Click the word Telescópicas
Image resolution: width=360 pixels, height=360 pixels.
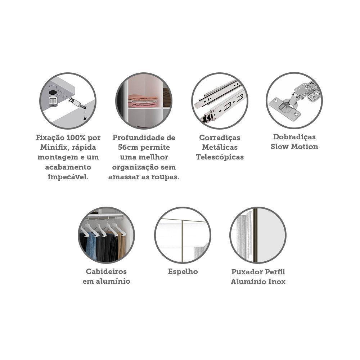coord(220,157)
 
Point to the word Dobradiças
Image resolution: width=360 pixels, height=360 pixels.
coord(294,137)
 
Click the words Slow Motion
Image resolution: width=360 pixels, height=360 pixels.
coord(294,147)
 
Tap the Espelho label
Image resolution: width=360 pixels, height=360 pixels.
coord(183,271)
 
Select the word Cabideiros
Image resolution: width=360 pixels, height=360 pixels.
coord(106,271)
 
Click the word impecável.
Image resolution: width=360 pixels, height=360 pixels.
coord(68,177)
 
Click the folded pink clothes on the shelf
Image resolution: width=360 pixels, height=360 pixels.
coord(143,101)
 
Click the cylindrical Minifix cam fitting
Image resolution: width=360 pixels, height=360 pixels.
coord(53,101)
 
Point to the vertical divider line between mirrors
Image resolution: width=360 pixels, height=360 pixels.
coord(183,241)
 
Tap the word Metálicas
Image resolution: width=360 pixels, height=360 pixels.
coord(220,147)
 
